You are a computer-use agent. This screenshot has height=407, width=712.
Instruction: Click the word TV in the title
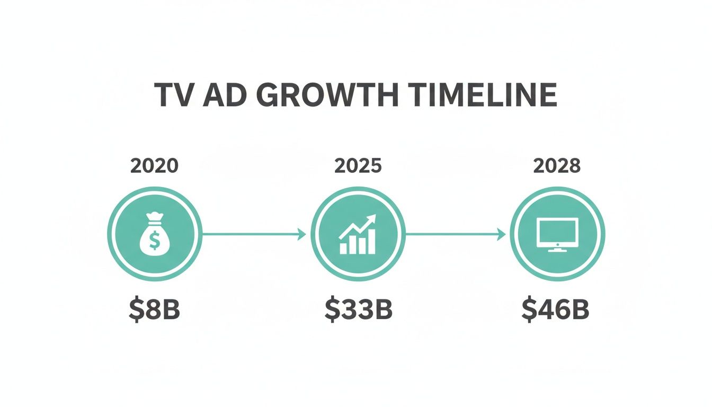[x=173, y=96]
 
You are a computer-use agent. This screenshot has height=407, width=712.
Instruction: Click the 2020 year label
[x=154, y=166]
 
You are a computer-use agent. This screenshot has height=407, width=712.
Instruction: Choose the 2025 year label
[x=358, y=166]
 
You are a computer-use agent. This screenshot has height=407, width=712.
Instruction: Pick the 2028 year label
[x=557, y=166]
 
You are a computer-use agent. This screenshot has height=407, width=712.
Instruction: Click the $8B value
[x=154, y=311]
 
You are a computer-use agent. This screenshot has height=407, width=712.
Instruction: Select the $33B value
[x=358, y=311]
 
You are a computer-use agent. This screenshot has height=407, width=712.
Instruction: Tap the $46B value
[x=555, y=311]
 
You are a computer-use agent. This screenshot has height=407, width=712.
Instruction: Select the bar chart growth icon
[x=358, y=235]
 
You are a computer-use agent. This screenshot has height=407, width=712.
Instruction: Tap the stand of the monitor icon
[x=557, y=248]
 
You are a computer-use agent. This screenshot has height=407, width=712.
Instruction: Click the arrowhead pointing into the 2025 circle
[x=302, y=234]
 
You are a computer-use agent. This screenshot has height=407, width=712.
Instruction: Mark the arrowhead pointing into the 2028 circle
[x=502, y=234]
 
